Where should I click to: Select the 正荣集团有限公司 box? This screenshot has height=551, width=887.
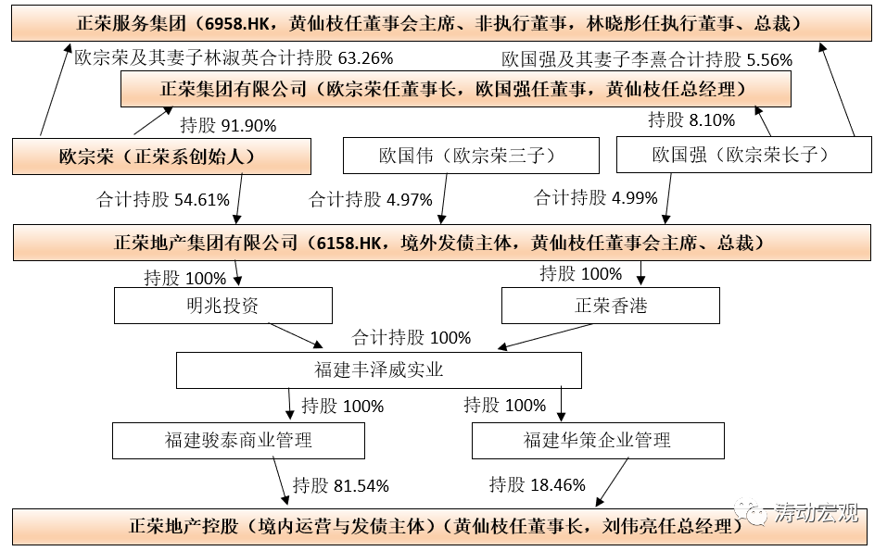pos(455,90)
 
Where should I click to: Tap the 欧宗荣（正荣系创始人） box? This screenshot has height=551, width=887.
pos(160,156)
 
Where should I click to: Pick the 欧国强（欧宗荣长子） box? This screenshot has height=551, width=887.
pos(744,155)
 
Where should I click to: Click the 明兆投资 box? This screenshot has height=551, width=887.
pos(222,306)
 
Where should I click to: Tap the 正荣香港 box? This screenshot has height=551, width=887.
pos(610,306)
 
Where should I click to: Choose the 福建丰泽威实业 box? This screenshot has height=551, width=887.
pos(379,370)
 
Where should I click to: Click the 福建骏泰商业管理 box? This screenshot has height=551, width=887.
pos(239,440)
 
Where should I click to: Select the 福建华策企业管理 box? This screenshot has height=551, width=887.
pos(597,440)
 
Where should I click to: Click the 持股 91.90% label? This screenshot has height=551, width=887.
pos(228,125)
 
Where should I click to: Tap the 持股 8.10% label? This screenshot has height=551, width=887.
pos(691,119)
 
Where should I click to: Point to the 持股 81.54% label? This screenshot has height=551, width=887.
pos(340,484)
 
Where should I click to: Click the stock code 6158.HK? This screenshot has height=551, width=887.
pos(348,243)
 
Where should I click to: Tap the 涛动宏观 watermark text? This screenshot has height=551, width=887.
pos(817,514)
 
